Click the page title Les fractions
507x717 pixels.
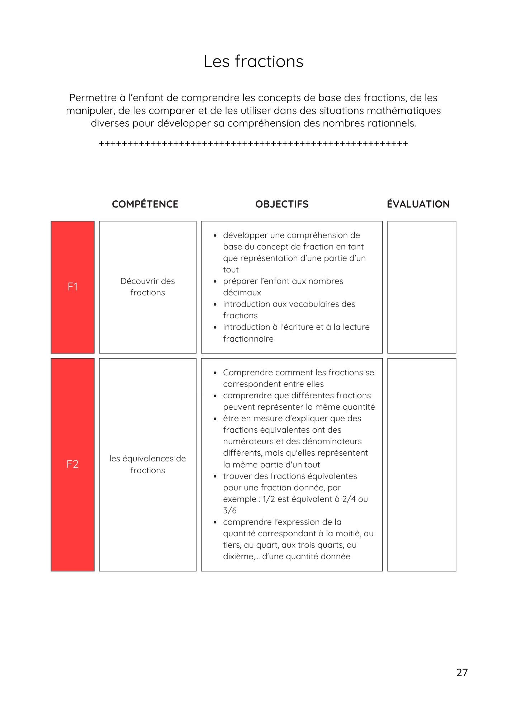253,61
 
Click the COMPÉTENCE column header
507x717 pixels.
145,204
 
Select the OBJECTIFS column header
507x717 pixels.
282,204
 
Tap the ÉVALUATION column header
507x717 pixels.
418,204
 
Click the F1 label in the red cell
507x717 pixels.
72,287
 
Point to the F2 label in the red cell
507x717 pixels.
72,464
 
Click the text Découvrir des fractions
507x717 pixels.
147,287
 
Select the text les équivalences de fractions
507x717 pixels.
147,464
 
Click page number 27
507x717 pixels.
462,673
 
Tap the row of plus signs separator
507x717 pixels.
253,144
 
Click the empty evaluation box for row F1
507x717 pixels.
422,287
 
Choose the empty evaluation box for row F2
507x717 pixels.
422,464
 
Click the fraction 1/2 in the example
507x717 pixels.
269,499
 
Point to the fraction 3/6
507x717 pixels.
230,511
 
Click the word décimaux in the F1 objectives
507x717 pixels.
242,293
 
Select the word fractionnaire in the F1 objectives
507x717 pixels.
248,339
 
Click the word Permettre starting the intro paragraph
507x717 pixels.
93,98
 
